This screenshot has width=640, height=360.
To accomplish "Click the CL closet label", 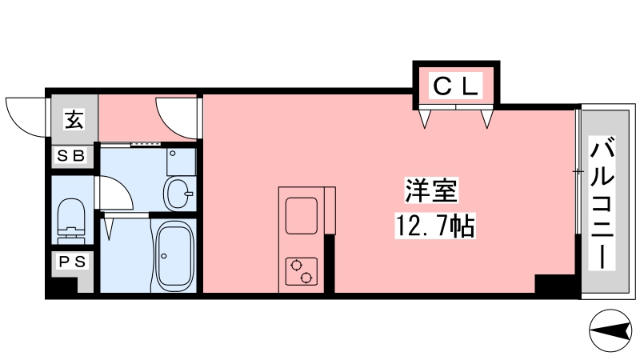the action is [455, 86].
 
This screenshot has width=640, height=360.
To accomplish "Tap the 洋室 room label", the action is [431, 190].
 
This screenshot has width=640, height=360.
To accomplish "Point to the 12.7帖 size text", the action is [435, 226].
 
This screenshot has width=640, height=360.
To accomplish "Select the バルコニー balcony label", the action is [602, 204].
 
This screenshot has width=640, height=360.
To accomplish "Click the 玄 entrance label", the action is [74, 119].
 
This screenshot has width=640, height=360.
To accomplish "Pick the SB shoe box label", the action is [71, 155].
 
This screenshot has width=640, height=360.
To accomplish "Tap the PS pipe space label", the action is [72, 262].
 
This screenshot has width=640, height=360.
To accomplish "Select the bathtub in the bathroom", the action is [175, 256].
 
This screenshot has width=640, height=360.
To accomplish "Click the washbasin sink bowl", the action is [178, 194].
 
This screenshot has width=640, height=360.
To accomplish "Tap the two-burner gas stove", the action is [302, 272].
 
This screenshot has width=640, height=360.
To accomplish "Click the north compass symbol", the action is [610, 330].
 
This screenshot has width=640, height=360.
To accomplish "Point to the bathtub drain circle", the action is [164, 256].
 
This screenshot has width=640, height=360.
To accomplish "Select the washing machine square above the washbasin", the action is [182, 162].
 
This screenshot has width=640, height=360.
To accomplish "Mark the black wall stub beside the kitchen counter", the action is [330, 264].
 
